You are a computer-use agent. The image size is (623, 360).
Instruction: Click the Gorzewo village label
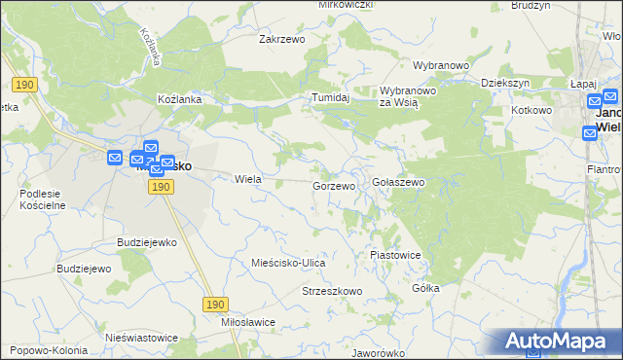(334, 185)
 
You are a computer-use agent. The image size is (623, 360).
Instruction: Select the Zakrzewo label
(282, 40)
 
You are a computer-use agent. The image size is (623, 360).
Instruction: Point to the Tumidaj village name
(330, 98)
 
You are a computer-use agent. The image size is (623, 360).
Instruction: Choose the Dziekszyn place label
(505, 84)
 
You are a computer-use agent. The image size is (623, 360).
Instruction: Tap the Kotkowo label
(531, 111)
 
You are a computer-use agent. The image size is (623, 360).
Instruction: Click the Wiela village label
(248, 179)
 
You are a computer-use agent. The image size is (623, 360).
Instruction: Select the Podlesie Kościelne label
(42, 199)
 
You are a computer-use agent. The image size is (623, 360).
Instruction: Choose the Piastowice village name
(395, 255)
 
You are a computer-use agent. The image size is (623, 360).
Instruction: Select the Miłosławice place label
(248, 322)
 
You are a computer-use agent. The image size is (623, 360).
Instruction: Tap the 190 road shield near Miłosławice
(216, 305)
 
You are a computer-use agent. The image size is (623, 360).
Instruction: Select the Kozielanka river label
(149, 47)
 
